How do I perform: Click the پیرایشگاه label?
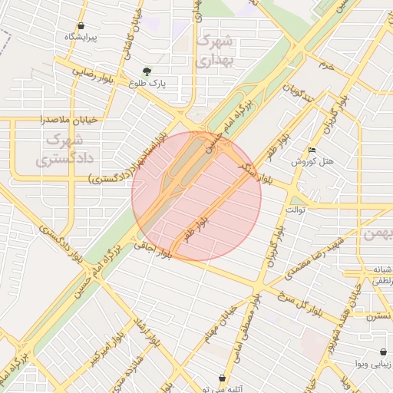coord(81,36)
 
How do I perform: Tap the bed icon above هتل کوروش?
coord(311,149)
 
